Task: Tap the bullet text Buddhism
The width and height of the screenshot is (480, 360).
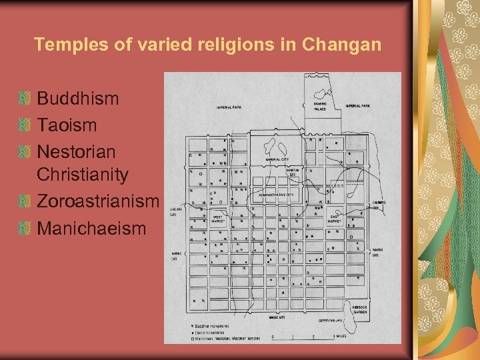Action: coord(78,99)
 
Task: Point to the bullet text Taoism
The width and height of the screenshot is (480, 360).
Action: coord(67,125)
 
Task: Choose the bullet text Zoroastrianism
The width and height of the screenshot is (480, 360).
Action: coord(98,201)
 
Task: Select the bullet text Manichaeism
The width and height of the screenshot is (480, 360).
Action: coord(91,228)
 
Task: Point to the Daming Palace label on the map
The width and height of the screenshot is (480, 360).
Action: coord(320,107)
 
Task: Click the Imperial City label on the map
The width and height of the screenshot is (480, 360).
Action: coord(277,160)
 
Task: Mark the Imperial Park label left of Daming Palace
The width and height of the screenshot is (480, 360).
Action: coord(229,107)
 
